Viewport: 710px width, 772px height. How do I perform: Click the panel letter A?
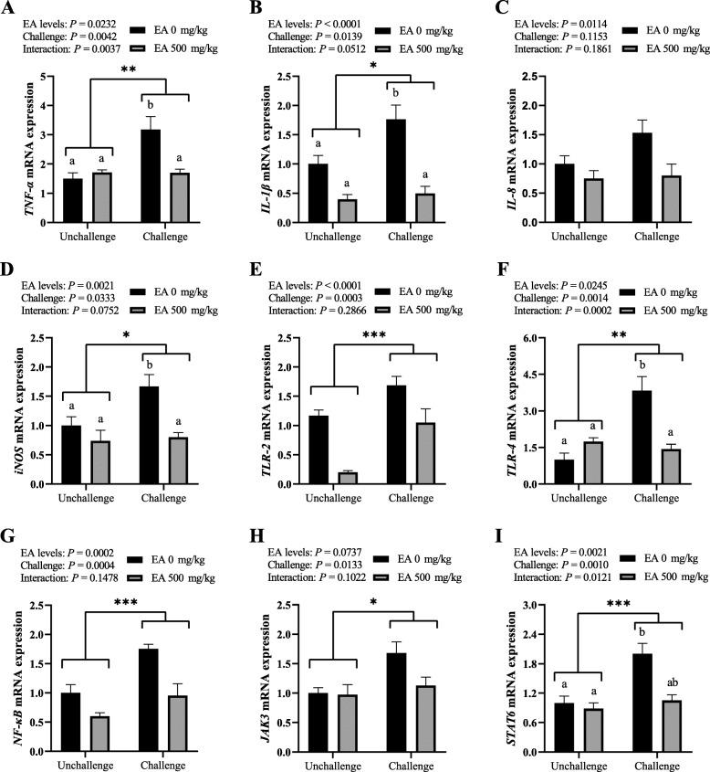click(9, 9)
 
